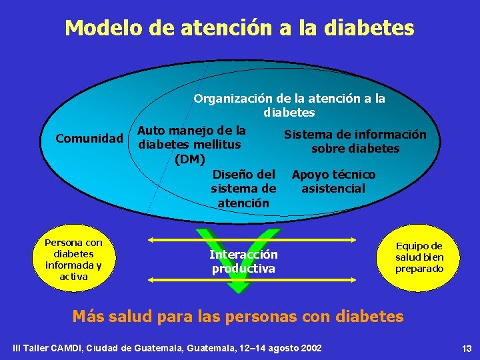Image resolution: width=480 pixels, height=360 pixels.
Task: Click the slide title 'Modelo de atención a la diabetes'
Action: (x=239, y=28)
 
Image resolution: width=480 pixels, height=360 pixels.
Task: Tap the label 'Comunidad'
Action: (x=89, y=139)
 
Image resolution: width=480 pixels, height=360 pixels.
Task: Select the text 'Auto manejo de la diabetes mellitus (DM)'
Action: (x=191, y=145)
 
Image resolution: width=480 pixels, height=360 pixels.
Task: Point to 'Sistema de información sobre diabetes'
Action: (x=355, y=141)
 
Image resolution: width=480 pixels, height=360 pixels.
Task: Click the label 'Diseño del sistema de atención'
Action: (x=243, y=189)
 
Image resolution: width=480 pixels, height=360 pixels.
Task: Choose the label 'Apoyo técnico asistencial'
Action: (x=333, y=181)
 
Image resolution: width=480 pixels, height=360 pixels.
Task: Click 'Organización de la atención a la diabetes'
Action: (x=289, y=105)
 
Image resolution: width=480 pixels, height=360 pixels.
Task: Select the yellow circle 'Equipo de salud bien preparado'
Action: (x=419, y=258)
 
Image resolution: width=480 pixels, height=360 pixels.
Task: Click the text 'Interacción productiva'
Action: (x=243, y=262)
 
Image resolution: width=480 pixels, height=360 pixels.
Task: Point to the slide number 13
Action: (x=466, y=349)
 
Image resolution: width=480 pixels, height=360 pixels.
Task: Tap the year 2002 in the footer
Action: (x=311, y=349)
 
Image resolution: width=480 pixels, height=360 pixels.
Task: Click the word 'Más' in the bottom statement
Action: (x=87, y=316)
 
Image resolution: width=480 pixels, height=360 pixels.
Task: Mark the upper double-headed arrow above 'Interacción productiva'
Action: (x=260, y=239)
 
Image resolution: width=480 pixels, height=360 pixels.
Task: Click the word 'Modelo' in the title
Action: (x=97, y=28)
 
